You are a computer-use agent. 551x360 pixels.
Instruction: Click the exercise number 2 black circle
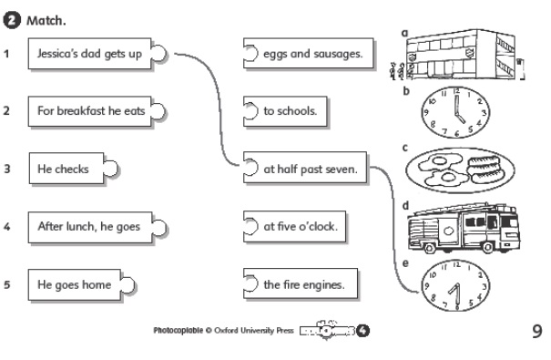tap(12, 20)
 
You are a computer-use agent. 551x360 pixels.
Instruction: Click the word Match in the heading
tap(46, 21)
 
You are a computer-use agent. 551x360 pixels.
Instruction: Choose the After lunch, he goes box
tap(97, 227)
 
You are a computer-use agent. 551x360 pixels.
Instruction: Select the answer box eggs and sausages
tap(308, 54)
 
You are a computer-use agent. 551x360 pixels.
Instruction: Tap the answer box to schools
tap(285, 111)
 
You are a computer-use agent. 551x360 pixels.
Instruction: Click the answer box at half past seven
tap(305, 168)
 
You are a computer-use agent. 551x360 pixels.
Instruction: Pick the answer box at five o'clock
tap(294, 226)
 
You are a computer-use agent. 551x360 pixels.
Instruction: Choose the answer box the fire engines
tap(301, 283)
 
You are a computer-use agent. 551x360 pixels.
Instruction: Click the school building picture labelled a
tap(458, 55)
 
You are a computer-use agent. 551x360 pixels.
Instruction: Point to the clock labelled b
tap(455, 112)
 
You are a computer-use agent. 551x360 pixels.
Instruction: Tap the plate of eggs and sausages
tap(460, 170)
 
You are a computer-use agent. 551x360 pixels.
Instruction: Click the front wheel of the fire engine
tap(488, 247)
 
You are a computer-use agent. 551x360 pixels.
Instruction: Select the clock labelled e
tap(455, 285)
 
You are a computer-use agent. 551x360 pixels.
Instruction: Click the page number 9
tap(537, 331)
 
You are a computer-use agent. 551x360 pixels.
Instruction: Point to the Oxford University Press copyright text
tap(223, 331)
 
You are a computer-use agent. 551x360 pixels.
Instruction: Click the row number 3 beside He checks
tap(6, 169)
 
